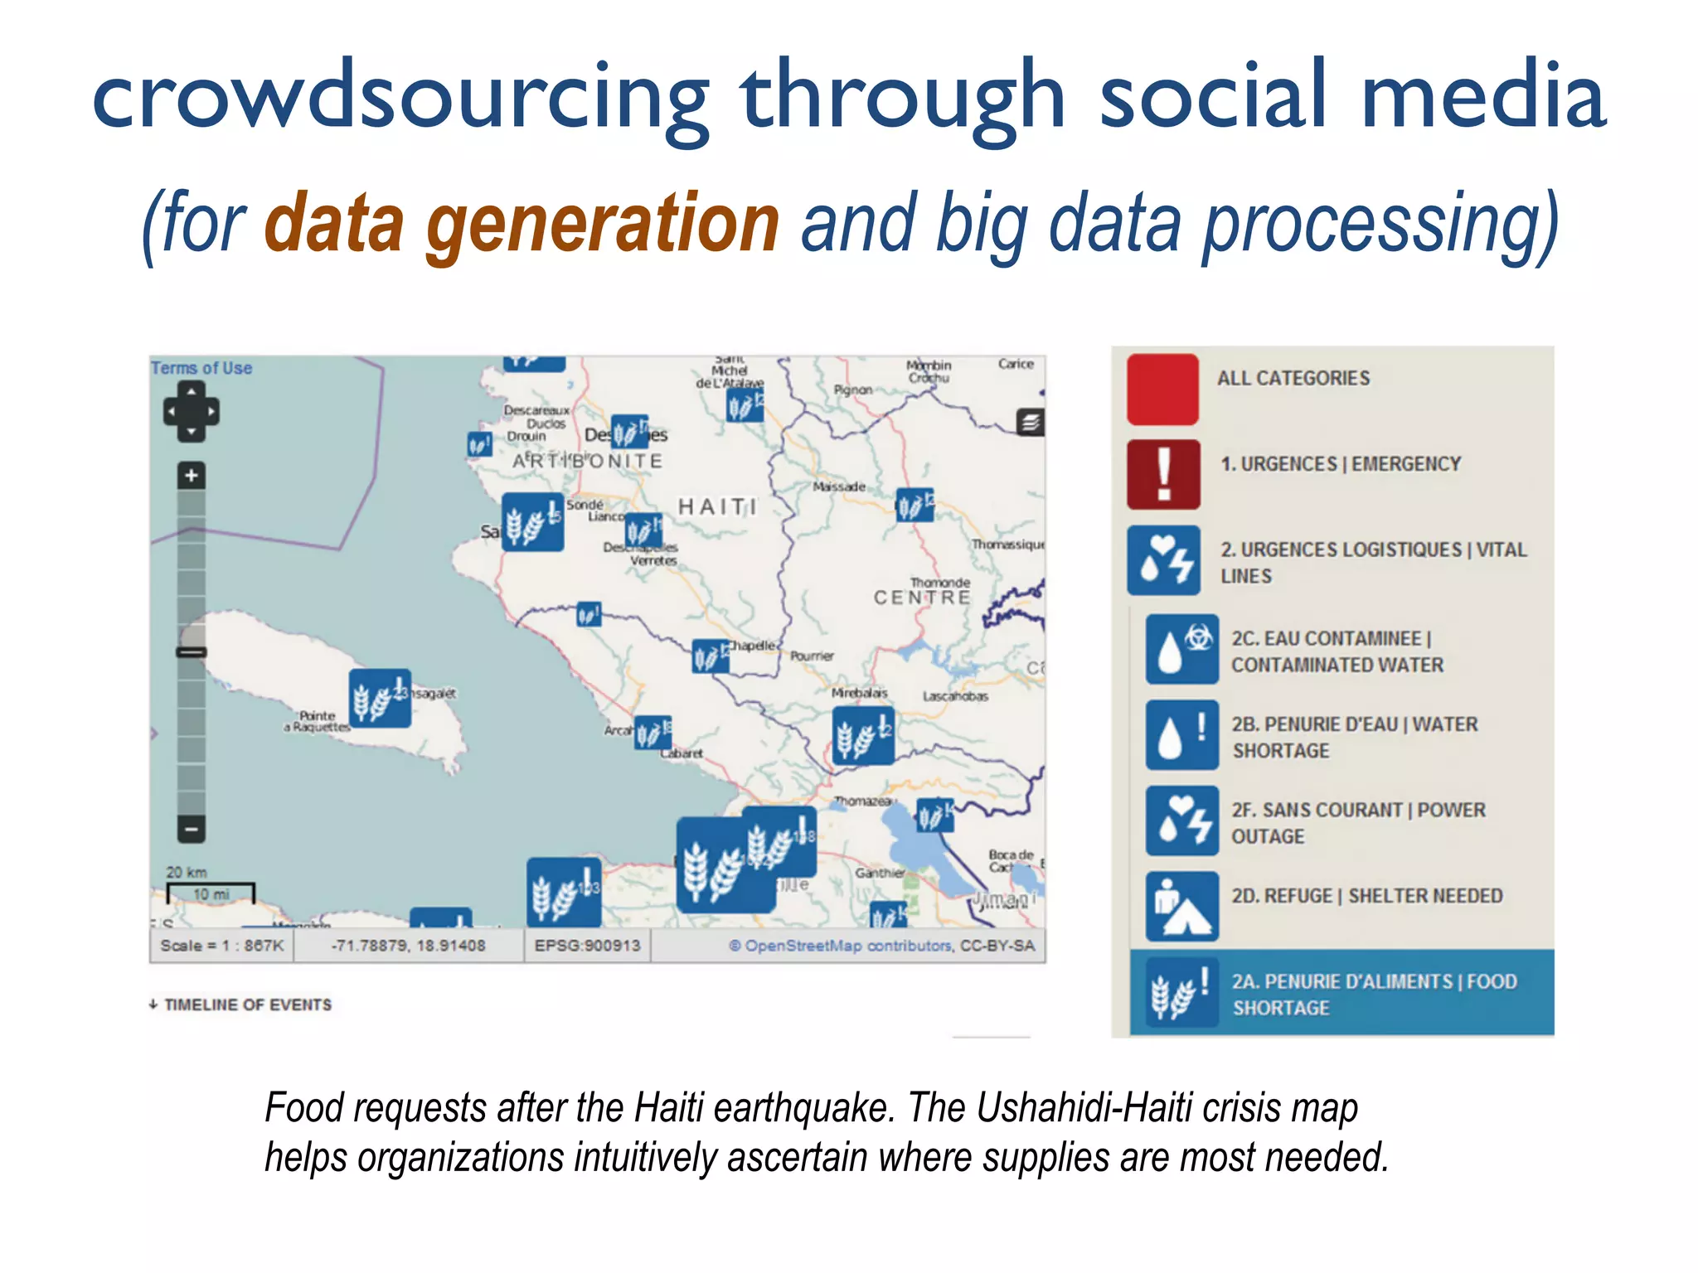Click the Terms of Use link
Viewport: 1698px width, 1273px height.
[x=201, y=368]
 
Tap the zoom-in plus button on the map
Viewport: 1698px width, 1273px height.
[x=192, y=476]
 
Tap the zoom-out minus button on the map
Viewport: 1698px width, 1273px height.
[x=192, y=828]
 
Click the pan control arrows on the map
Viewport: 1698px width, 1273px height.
[x=192, y=412]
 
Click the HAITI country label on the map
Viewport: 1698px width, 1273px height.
[x=717, y=506]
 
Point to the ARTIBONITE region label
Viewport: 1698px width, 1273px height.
[x=588, y=461]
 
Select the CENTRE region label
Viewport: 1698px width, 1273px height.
[x=922, y=598]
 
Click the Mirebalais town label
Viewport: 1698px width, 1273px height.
[x=860, y=693]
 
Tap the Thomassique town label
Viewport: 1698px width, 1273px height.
[x=1008, y=545]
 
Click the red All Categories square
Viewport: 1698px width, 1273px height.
[x=1162, y=390]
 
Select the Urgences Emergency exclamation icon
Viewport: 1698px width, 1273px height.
[x=1163, y=475]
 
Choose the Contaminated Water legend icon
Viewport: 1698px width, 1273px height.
[x=1181, y=649]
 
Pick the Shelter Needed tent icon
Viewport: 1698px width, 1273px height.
[x=1181, y=906]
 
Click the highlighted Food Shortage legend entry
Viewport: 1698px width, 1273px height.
[x=1341, y=993]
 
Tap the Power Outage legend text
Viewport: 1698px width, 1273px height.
[x=1357, y=822]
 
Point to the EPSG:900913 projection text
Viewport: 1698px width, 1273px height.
[x=587, y=946]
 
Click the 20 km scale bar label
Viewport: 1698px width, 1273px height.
[x=187, y=872]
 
